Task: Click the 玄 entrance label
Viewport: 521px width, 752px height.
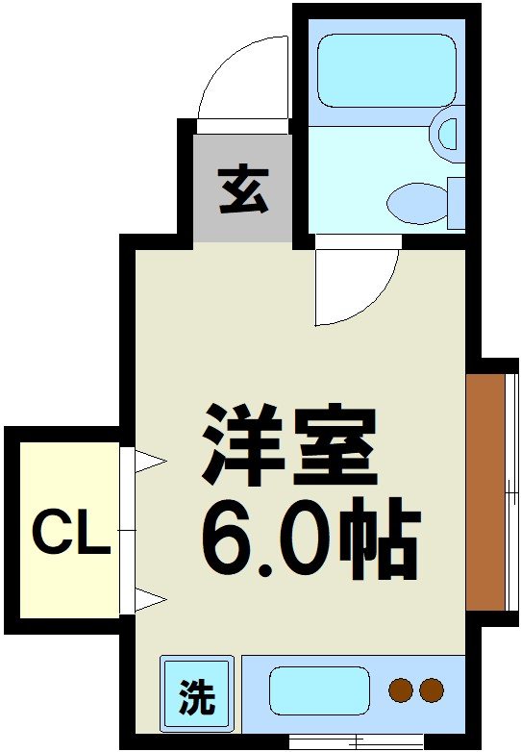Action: pos(242,188)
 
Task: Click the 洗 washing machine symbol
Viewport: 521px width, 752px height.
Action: pos(196,694)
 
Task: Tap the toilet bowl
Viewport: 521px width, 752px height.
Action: pos(415,203)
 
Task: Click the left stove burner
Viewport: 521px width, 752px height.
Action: pos(400,689)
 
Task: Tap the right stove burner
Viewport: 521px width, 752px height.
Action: pos(432,689)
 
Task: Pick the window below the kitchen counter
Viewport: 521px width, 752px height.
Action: pos(356,741)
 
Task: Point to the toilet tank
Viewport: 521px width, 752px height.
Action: pos(456,203)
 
